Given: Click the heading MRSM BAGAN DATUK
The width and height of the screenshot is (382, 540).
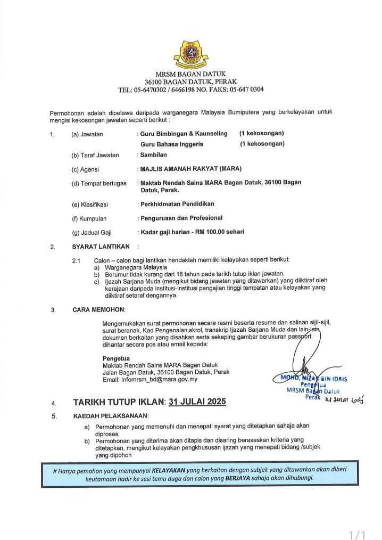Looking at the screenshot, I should coord(190,74).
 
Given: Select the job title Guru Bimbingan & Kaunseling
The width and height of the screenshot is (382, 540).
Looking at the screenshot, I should coord(184,133).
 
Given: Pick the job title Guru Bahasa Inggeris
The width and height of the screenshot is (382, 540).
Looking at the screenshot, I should coord(172,144).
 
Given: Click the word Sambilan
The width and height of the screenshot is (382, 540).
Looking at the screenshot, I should coord(153,155).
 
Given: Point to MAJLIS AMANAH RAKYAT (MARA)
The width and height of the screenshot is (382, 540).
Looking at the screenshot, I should coord(190,169).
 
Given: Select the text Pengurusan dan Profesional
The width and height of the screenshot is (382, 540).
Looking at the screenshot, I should coord(181,218).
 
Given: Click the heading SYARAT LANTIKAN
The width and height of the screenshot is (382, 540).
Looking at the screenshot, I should coord(101,247).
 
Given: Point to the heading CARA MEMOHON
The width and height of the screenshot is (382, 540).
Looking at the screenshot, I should coord(98,309).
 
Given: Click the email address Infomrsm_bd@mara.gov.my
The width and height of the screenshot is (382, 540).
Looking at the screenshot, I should coord(150,380).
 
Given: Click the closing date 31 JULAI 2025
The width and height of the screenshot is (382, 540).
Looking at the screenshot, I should coord(197,402).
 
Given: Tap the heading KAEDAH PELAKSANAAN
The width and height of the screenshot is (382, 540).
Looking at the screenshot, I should coord(111,415).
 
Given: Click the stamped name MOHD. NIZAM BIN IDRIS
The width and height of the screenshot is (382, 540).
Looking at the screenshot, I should coord(310,379).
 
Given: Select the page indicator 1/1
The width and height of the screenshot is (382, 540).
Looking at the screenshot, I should coord(356,533).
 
